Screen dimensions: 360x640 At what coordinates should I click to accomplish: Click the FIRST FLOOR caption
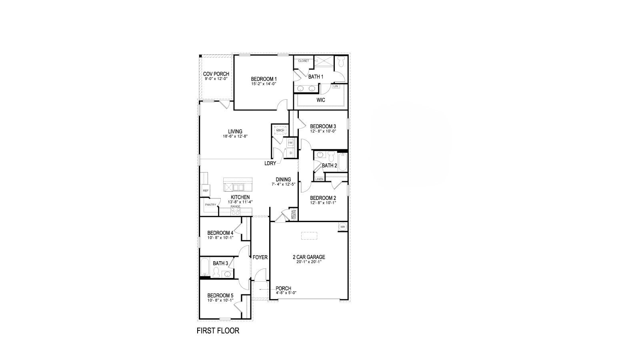pos(218,331)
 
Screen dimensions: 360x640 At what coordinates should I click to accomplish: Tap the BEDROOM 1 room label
pos(264,79)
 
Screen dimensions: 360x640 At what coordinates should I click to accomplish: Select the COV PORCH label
pos(216,74)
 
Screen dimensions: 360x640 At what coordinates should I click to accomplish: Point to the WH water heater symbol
pos(342,227)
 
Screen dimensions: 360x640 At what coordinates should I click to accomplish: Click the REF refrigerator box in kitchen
pos(205,191)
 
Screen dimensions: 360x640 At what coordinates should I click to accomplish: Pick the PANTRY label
pos(210,205)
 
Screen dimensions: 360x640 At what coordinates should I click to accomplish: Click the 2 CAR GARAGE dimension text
pos(309,262)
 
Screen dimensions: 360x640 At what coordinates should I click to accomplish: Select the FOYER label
pos(260,257)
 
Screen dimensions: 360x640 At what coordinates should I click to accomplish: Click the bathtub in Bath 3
pos(205,267)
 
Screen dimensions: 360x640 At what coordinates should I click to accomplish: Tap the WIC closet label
pos(321,100)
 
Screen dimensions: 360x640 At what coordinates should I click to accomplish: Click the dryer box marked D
pos(291,153)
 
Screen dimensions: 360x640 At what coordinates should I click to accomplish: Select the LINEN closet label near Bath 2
pos(319,179)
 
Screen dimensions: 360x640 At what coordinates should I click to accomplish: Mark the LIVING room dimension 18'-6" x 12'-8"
pos(235,136)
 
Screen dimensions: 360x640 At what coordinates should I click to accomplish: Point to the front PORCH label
pos(283,288)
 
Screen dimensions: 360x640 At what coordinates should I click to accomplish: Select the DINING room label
pos(283,179)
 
